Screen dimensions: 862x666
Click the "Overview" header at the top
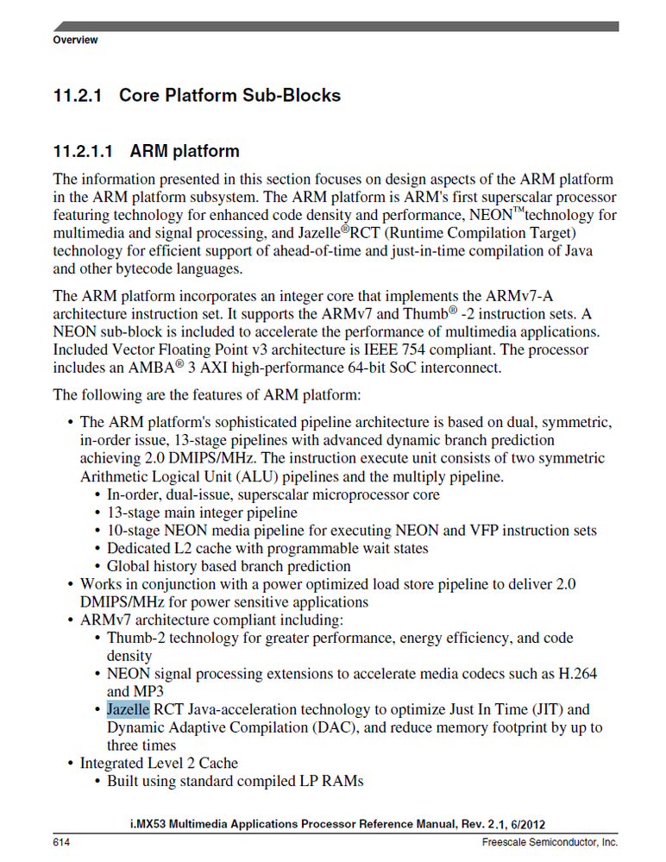click(x=75, y=41)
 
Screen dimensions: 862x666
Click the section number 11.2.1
click(x=79, y=95)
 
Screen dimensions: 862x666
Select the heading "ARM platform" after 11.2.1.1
click(x=185, y=152)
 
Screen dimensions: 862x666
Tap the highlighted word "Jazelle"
click(x=129, y=709)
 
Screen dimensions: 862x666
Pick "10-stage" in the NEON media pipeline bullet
click(x=135, y=531)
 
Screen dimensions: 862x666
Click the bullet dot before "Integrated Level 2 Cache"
click(x=70, y=764)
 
